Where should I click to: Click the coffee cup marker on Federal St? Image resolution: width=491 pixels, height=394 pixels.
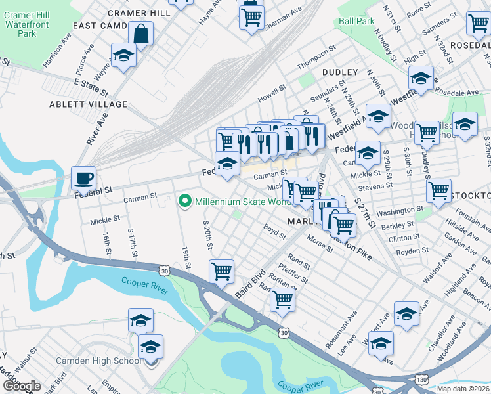tap(84, 178)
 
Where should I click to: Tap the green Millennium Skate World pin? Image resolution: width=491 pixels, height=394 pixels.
tap(185, 201)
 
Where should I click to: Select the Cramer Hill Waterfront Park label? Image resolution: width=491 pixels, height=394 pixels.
tap(28, 24)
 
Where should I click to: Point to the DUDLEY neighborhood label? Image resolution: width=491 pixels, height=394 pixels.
tap(340, 72)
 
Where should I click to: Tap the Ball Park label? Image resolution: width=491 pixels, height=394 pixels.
tap(357, 21)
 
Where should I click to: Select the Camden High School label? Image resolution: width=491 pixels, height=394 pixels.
tap(98, 361)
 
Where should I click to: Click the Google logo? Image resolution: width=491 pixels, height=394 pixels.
tap(22, 386)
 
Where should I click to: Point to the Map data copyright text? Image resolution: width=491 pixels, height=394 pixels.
tap(463, 389)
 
